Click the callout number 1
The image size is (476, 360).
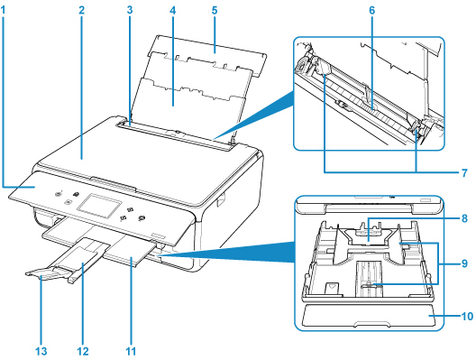click(x=4, y=11)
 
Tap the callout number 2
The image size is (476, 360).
click(x=81, y=11)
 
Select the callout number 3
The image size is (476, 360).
click(x=130, y=10)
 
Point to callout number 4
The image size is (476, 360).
click(x=173, y=11)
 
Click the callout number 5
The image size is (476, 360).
click(x=215, y=10)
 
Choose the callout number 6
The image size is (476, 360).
click(x=371, y=11)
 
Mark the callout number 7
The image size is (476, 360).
click(x=464, y=173)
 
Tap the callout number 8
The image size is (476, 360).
click(x=464, y=218)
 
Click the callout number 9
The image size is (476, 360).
click(x=464, y=263)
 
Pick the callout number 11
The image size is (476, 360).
click(x=131, y=352)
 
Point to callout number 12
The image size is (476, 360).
click(x=83, y=352)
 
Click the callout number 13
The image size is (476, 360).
click(x=41, y=352)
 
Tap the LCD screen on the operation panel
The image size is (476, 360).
click(x=99, y=205)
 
